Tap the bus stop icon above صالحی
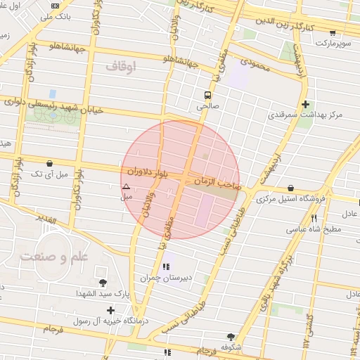coord(207,95)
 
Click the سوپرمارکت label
coord(331,43)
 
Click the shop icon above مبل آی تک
coord(49,162)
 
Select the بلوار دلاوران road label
coord(149,172)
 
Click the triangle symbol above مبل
coord(126,186)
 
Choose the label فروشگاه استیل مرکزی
coord(291,200)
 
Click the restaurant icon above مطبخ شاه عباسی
coord(314,218)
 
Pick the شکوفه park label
coord(231,347)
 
